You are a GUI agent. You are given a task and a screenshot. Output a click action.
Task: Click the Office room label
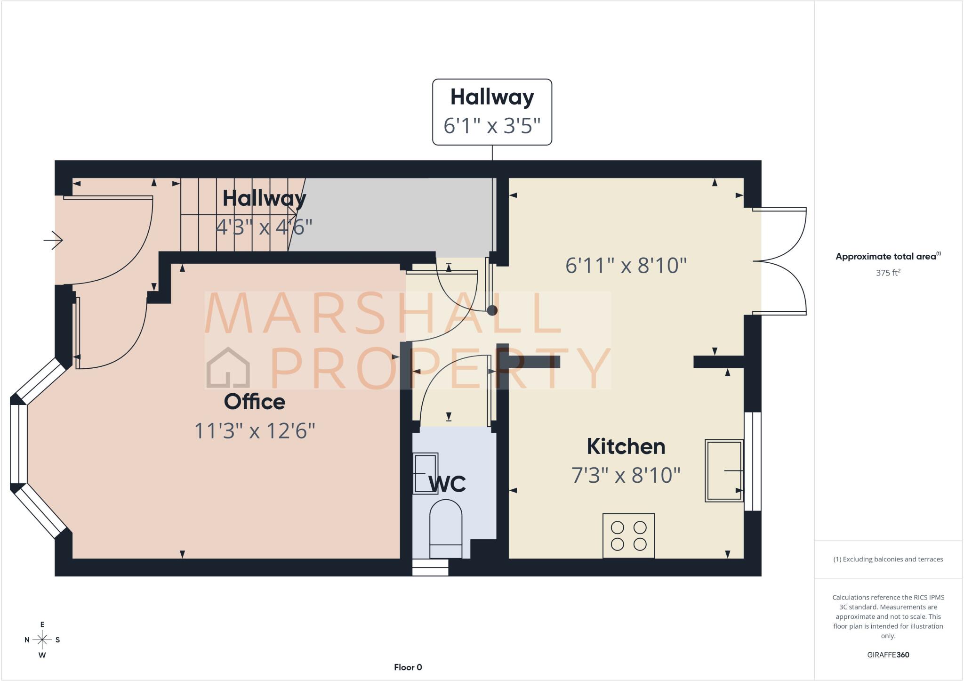pos(255,402)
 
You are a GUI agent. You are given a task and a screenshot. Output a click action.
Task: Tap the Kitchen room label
pos(626,446)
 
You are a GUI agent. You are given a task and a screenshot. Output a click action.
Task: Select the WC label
pos(447,484)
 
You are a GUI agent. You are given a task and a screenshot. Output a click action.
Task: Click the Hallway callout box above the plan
pos(492,112)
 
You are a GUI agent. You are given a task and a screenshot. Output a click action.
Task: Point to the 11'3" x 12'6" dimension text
pos(255,430)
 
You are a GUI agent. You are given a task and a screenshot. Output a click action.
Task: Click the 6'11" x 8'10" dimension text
pos(626,266)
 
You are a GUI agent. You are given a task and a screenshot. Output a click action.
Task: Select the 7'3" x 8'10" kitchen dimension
pos(626,475)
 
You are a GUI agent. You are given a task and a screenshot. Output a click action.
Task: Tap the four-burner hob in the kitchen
pos(628,536)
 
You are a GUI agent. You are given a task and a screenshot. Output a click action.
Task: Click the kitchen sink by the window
pos(724,470)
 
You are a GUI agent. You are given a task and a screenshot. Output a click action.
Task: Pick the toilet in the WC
pos(446,529)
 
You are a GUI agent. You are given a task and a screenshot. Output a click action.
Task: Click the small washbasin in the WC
pos(426,473)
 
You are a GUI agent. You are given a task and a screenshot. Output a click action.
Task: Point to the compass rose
pos(42,640)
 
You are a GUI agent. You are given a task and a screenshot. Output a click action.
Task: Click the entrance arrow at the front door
pos(53,240)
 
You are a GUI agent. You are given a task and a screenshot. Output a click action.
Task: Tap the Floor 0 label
pos(408,667)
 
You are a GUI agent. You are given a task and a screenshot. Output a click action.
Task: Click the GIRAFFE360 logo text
pos(888,655)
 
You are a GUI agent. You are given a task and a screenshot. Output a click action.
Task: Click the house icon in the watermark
pos(228,367)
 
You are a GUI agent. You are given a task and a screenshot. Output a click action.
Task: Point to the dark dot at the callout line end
pos(492,310)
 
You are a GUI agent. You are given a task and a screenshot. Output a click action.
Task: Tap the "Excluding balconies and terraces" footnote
pos(888,559)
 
